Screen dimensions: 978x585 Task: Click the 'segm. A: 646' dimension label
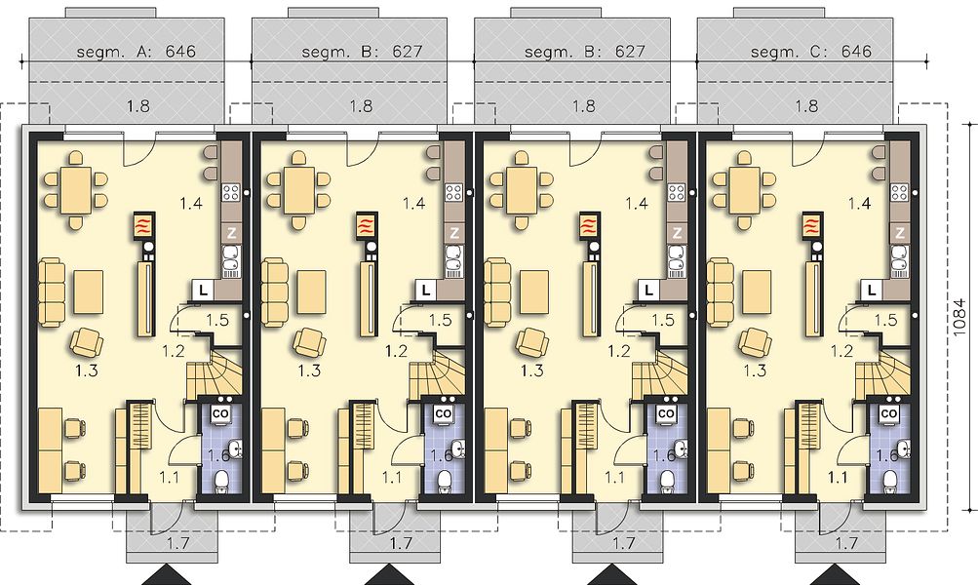pyautogui.click(x=136, y=51)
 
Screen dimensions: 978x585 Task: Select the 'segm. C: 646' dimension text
pyautogui.click(x=811, y=51)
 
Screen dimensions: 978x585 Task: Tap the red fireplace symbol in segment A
pyautogui.click(x=144, y=226)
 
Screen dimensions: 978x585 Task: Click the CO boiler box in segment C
pyautogui.click(x=890, y=413)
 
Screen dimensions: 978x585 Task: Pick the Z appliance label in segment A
pyautogui.click(x=231, y=233)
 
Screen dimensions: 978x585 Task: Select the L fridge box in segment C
pyautogui.click(x=872, y=290)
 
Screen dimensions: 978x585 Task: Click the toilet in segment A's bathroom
pyautogui.click(x=220, y=481)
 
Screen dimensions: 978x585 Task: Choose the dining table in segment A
pyautogui.click(x=75, y=189)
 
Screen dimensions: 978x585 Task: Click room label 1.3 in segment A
pyautogui.click(x=87, y=371)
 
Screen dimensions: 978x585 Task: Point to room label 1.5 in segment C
pyautogui.click(x=885, y=321)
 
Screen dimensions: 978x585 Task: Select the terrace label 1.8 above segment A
pyautogui.click(x=137, y=106)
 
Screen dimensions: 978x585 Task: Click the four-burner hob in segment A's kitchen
pyautogui.click(x=231, y=192)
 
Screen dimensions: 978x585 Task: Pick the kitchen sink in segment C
pyautogui.click(x=899, y=260)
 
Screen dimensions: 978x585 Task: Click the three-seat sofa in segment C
pyautogui.click(x=720, y=293)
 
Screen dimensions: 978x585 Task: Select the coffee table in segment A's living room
pyautogui.click(x=89, y=292)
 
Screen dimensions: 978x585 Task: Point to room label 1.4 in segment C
pyautogui.click(x=859, y=203)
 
